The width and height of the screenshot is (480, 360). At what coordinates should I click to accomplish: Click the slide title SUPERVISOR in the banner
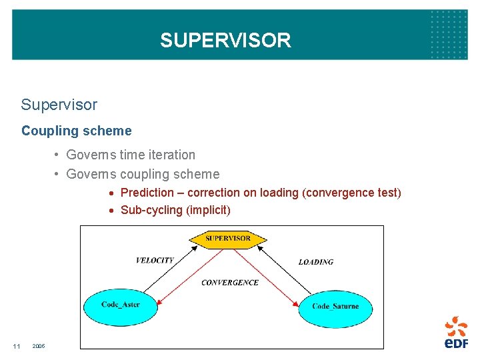pos(225,41)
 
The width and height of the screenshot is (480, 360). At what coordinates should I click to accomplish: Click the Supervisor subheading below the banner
pos(59,105)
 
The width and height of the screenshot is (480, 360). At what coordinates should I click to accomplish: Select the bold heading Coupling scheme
pos(77,131)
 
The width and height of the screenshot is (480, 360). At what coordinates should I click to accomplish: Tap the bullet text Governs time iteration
pos(131,155)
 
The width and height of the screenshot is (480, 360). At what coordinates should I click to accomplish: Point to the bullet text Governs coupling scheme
pos(143,174)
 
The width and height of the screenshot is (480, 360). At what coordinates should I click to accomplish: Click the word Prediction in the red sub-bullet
pos(147,193)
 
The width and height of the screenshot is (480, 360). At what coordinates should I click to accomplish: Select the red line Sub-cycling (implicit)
pos(175,210)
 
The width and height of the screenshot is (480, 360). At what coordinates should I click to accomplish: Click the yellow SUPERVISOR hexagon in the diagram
pos(228,238)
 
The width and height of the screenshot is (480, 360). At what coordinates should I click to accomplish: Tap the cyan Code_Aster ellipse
pos(121,305)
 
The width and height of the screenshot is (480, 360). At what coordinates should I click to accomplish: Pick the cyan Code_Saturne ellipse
pos(335,307)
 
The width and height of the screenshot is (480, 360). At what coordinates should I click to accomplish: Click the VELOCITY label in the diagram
pos(155,261)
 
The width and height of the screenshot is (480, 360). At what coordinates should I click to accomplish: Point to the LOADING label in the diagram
pos(315,262)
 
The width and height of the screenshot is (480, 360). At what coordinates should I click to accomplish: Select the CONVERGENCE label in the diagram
pos(230,283)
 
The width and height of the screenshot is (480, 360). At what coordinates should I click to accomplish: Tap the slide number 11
pos(17,346)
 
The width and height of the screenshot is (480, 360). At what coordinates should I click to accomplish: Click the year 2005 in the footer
pos(39,346)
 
